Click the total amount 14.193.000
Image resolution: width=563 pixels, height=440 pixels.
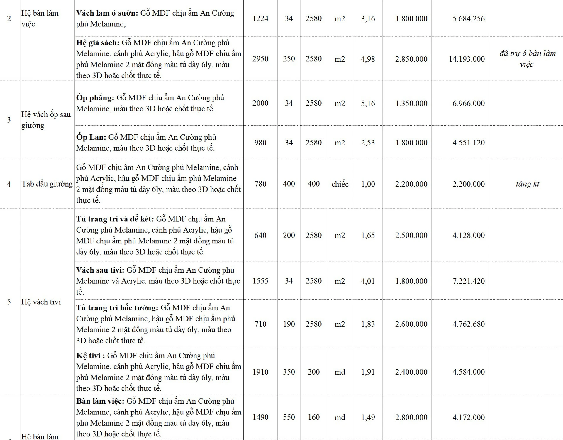pyautogui.click(x=467, y=59)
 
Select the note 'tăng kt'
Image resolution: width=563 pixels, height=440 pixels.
pyautogui.click(x=527, y=184)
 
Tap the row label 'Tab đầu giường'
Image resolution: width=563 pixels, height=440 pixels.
pyautogui.click(x=47, y=184)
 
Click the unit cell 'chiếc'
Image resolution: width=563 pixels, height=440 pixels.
pyautogui.click(x=340, y=184)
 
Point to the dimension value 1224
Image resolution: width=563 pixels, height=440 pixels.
pyautogui.click(x=260, y=18)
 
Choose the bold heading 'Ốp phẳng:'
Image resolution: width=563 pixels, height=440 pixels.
pyautogui.click(x=95, y=98)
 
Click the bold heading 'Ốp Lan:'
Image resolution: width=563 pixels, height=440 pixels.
pyautogui.click(x=91, y=137)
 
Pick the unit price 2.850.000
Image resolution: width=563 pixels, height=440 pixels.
pyautogui.click(x=411, y=59)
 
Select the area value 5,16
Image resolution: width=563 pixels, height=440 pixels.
pyautogui.click(x=368, y=103)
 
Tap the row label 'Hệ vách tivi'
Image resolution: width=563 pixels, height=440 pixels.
pyautogui.click(x=41, y=302)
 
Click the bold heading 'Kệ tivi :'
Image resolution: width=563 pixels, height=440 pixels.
pyautogui.click(x=90, y=356)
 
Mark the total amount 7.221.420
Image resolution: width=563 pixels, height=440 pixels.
pyautogui.click(x=468, y=281)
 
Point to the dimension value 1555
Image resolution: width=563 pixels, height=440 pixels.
pyautogui.click(x=260, y=281)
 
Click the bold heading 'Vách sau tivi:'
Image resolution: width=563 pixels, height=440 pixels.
pyautogui.click(x=100, y=270)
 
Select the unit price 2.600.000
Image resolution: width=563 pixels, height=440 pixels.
pyautogui.click(x=411, y=324)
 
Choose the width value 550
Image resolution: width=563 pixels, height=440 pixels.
pyautogui.click(x=289, y=417)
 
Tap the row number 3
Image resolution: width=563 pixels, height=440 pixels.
pyautogui.click(x=9, y=120)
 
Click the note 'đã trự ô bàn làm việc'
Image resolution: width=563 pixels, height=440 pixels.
pyautogui.click(x=527, y=59)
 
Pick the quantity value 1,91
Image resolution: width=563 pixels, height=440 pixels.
pyautogui.click(x=368, y=372)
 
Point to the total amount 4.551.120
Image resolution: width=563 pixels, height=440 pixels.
pyautogui.click(x=468, y=143)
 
